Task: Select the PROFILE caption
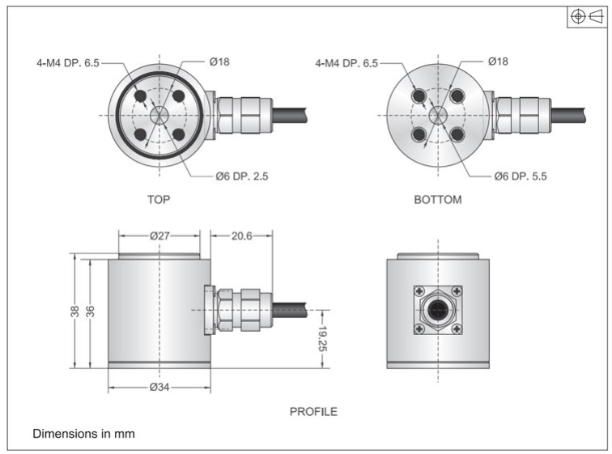pyautogui.click(x=313, y=411)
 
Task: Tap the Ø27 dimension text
pyautogui.click(x=159, y=236)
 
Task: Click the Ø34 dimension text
pyautogui.click(x=159, y=386)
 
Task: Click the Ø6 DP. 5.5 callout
pyautogui.click(x=521, y=176)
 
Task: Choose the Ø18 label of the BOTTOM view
pyautogui.click(x=499, y=62)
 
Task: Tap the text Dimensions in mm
pyautogui.click(x=83, y=434)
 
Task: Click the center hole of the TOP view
pyautogui.click(x=159, y=115)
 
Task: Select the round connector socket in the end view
pyautogui.click(x=438, y=310)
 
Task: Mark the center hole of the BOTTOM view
pyautogui.click(x=438, y=115)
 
